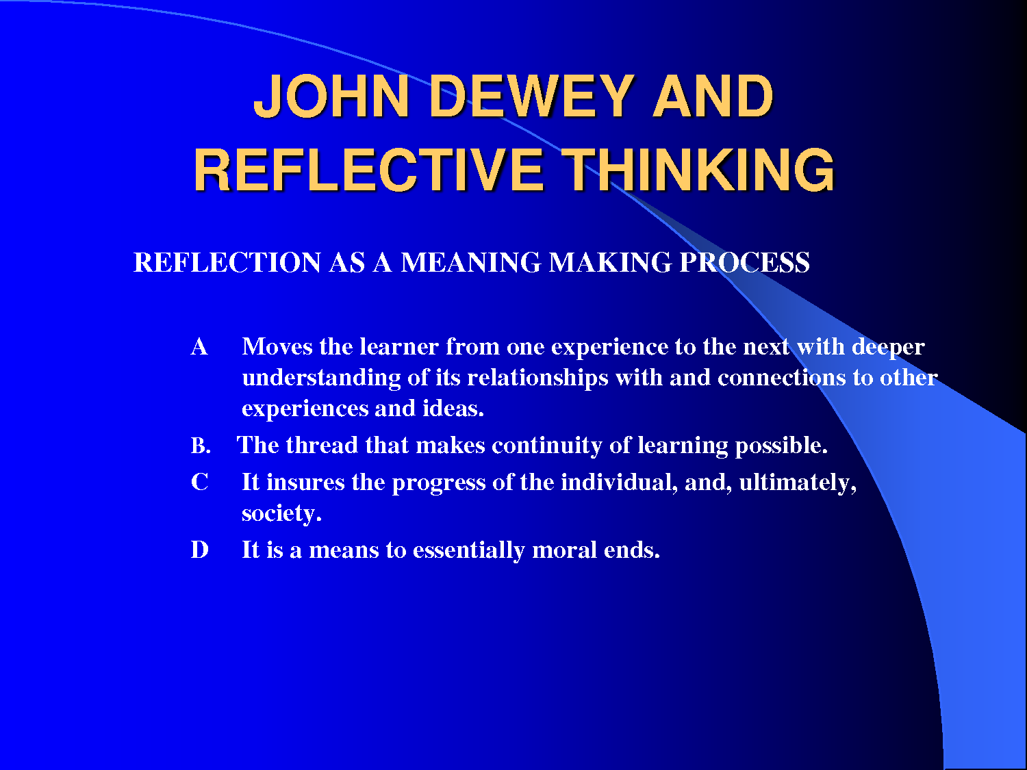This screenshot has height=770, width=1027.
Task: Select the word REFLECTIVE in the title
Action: pyautogui.click(x=368, y=170)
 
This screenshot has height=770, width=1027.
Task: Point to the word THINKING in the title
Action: pyautogui.click(x=698, y=170)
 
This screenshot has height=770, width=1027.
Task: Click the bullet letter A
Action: pyautogui.click(x=199, y=347)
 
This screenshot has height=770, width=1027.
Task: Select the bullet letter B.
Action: pyautogui.click(x=201, y=446)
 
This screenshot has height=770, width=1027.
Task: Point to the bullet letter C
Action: pyautogui.click(x=200, y=483)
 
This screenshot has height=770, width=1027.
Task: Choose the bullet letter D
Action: pyautogui.click(x=200, y=550)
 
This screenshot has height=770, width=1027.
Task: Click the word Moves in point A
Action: pyautogui.click(x=277, y=347)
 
